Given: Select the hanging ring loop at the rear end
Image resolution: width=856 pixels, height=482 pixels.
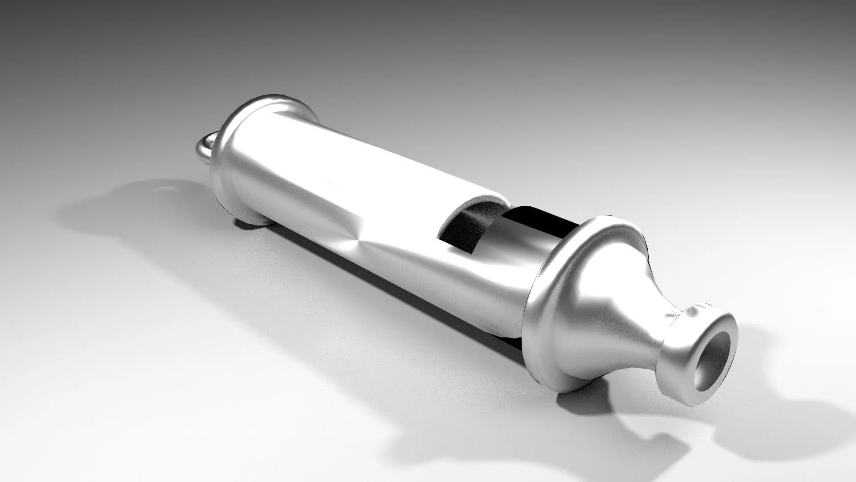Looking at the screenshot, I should tap(205, 149).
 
